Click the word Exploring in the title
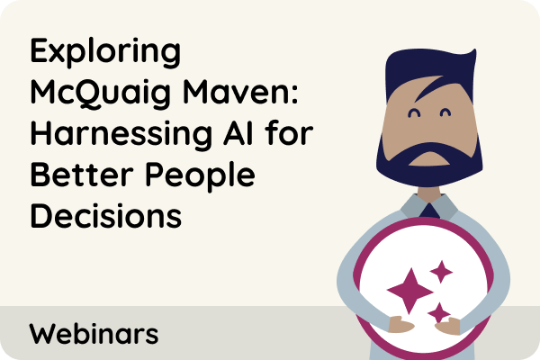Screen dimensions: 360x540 (x=105, y=52)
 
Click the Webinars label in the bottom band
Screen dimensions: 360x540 (x=94, y=334)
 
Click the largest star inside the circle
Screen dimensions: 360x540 (x=405, y=290)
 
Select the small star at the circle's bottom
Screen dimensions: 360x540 (x=439, y=312)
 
